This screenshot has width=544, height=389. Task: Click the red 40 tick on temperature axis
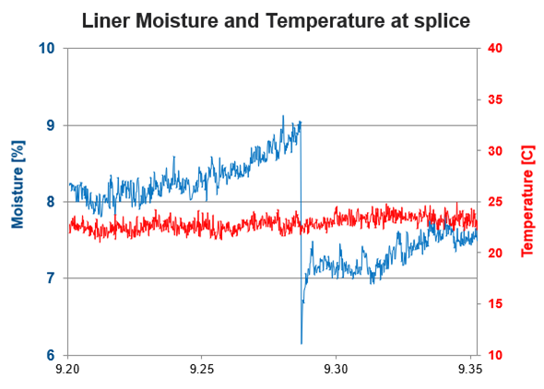[x=493, y=49]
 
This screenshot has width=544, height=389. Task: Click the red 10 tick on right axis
[x=493, y=355]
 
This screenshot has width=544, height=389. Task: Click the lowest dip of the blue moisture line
[x=301, y=343]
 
